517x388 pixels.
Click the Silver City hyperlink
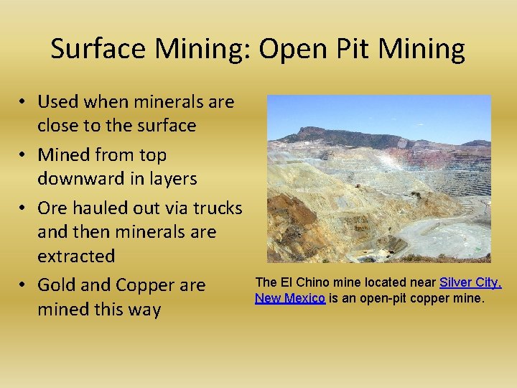click(470, 282)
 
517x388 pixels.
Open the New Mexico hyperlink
click(290, 297)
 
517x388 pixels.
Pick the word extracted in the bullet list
click(76, 256)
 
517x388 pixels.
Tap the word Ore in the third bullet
click(51, 208)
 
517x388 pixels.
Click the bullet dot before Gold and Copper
click(24, 286)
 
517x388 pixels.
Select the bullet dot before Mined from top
click(24, 155)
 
